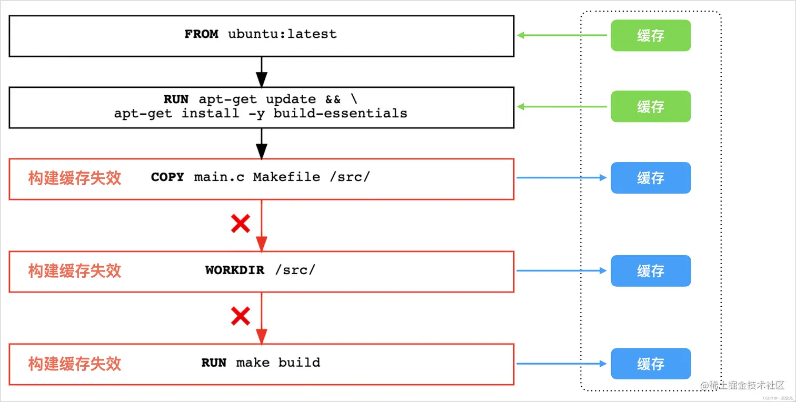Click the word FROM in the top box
coord(201,34)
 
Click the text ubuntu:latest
coord(282,34)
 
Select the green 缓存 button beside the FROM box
coord(650,36)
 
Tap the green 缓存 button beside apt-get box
coord(650,107)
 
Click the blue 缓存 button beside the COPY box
coord(650,178)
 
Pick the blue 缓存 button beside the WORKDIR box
coord(650,271)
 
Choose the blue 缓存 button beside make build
coord(650,364)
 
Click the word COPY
coord(167,177)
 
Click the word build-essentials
coord(340,113)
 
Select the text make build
coord(278,363)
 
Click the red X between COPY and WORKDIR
coord(241,224)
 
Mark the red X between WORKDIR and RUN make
coord(241,317)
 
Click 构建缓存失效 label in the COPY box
coord(75,178)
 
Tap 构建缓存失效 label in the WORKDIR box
coord(75,271)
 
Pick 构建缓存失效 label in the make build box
coord(75,364)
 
